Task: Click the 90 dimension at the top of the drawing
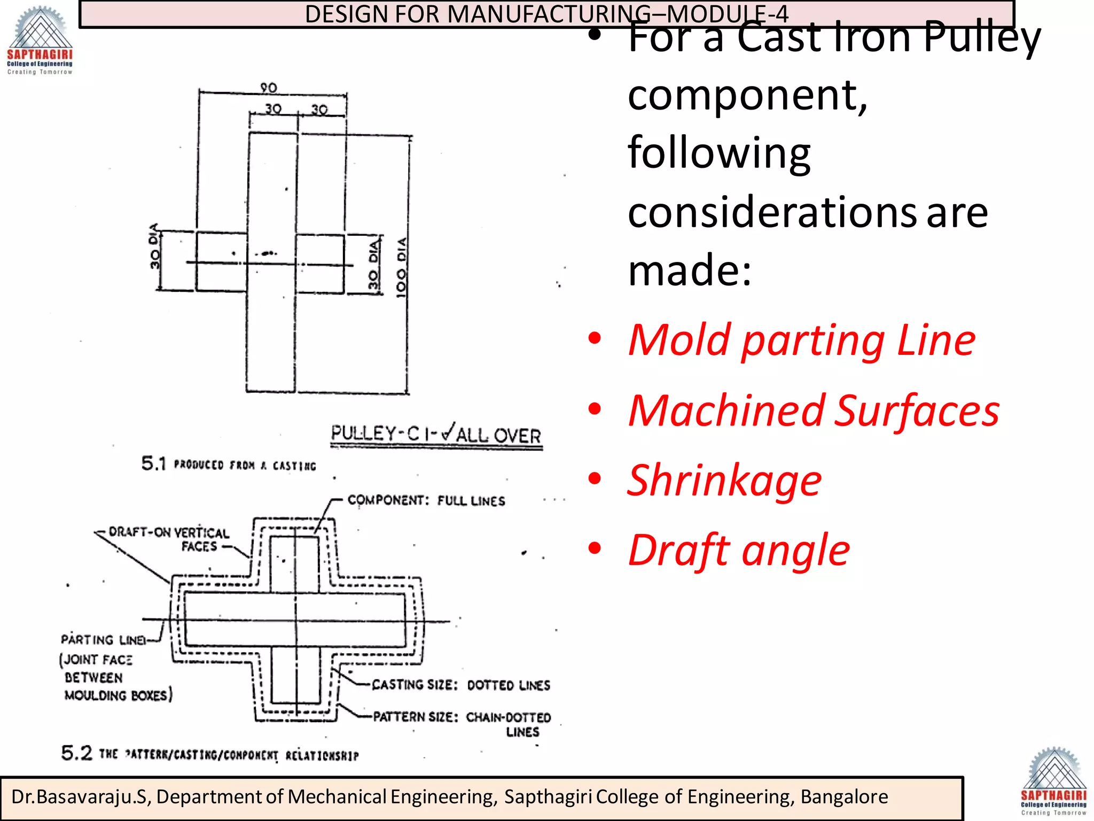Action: click(268, 88)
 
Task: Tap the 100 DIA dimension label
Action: click(401, 267)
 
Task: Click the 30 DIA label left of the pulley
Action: click(154, 246)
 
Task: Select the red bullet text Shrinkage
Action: click(724, 480)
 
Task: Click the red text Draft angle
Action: click(738, 550)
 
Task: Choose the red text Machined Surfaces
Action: click(813, 410)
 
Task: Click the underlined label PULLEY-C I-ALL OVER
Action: click(436, 435)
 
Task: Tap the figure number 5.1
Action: click(154, 463)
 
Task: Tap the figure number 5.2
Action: click(76, 753)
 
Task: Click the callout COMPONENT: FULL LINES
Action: click(426, 501)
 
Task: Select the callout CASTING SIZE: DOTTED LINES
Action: click(460, 685)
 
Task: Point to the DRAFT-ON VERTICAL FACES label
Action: click(169, 539)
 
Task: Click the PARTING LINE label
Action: click(103, 640)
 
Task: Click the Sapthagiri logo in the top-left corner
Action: click(40, 40)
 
